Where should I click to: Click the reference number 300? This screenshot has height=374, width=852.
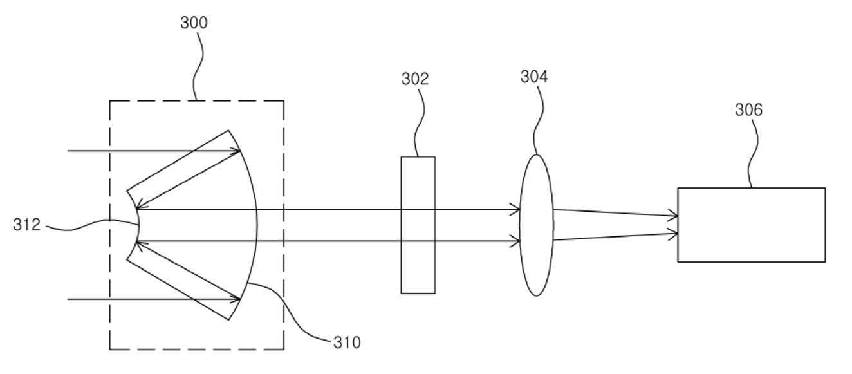[194, 23]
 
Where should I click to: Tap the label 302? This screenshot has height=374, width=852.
[415, 79]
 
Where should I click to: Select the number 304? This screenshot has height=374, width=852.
[534, 77]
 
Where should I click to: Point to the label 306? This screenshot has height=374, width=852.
[748, 109]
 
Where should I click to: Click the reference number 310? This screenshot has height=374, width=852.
[347, 342]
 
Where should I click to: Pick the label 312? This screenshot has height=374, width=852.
[26, 225]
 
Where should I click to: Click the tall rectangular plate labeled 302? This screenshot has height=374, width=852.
[418, 225]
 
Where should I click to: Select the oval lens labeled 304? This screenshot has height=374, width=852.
[536, 225]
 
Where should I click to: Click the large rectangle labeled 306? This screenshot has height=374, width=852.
[751, 225]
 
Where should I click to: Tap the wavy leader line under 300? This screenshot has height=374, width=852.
[198, 66]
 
